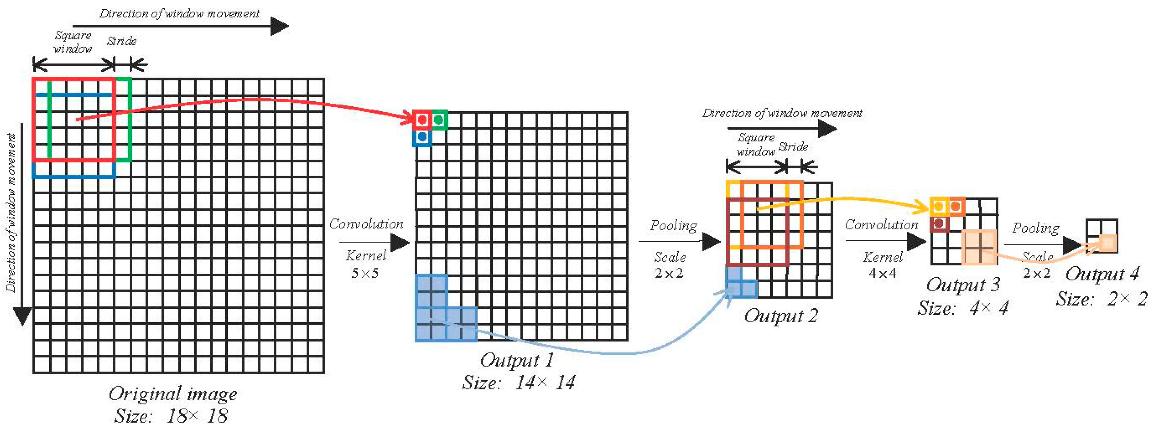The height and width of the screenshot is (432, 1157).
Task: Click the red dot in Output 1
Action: [422, 120]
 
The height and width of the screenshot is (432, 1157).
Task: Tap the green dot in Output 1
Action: [439, 120]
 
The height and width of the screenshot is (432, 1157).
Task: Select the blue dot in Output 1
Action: [422, 137]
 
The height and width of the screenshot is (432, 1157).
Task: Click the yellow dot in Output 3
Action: [938, 207]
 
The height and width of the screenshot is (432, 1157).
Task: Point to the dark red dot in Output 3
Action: [938, 223]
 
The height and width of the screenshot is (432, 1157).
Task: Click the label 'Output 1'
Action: [517, 360]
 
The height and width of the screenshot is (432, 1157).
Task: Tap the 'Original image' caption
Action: [173, 394]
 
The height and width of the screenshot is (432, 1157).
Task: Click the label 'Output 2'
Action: [781, 316]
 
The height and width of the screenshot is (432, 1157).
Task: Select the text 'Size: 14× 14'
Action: [519, 382]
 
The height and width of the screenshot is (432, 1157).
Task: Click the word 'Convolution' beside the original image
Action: [366, 224]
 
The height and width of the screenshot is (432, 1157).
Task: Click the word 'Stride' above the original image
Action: [121, 41]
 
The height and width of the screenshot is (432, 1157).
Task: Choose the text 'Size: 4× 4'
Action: [963, 308]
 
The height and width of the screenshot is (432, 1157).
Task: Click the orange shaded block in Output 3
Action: [979, 247]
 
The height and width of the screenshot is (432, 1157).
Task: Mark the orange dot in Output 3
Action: [955, 207]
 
